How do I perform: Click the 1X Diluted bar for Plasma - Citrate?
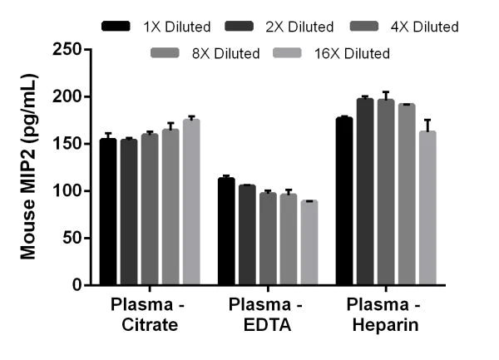[108, 212]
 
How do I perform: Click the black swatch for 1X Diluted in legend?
[116, 27]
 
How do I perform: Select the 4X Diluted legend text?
[424, 27]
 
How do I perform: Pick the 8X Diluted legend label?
[222, 53]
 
